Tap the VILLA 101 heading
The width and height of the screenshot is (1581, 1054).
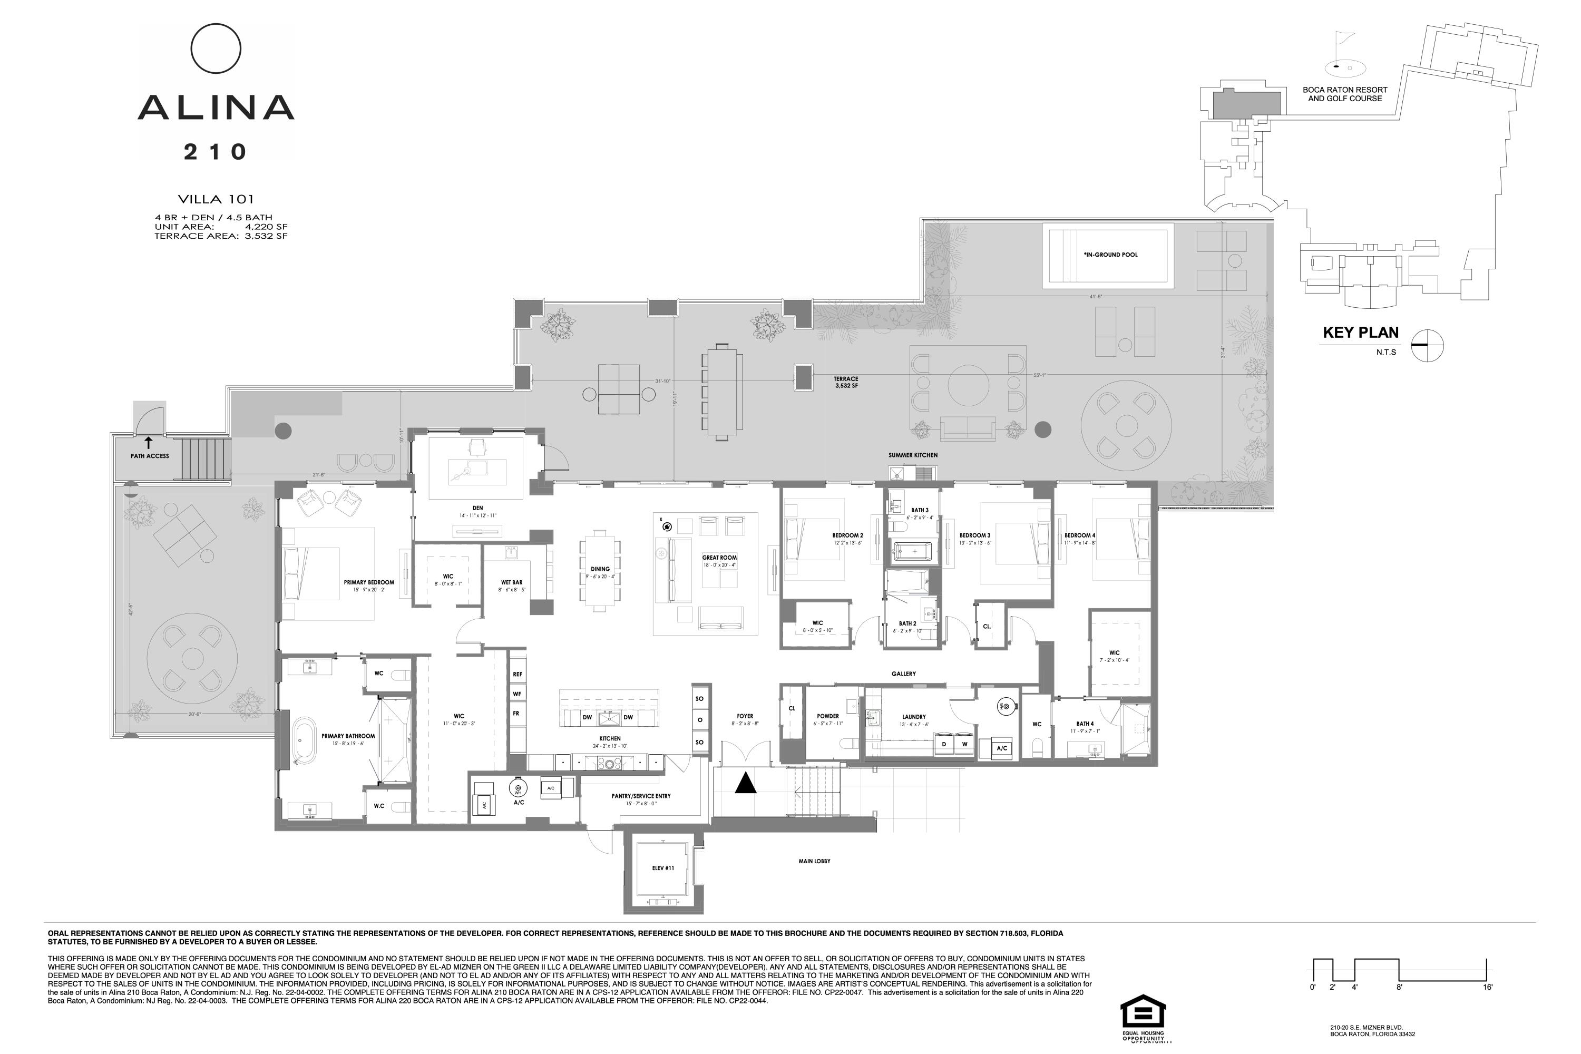pyautogui.click(x=216, y=199)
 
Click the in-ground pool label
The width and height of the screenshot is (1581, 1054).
pyautogui.click(x=1110, y=255)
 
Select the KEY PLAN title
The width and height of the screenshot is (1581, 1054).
pyautogui.click(x=1361, y=333)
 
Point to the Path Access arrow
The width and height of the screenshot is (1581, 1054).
pyautogui.click(x=149, y=442)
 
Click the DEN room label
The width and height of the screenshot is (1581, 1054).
pyautogui.click(x=477, y=508)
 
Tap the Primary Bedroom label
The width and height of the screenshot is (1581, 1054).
pyautogui.click(x=369, y=583)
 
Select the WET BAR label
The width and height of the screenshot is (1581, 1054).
pyautogui.click(x=512, y=583)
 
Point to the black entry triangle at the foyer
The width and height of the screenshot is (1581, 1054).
pyautogui.click(x=746, y=783)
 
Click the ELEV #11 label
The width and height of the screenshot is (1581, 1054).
pyautogui.click(x=663, y=868)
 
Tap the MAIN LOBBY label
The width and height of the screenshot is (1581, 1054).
pyautogui.click(x=814, y=861)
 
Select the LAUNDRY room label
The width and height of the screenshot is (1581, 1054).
pyautogui.click(x=913, y=717)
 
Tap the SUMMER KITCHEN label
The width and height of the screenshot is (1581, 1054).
pyautogui.click(x=912, y=455)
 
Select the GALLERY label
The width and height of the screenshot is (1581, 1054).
pyautogui.click(x=903, y=674)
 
